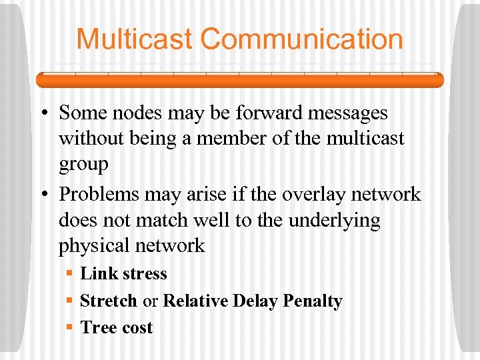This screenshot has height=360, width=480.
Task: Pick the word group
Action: [x=83, y=165]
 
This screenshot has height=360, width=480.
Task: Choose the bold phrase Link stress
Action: [x=123, y=273]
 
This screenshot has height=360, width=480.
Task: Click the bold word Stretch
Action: [x=108, y=301]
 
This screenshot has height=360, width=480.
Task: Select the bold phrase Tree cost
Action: [x=116, y=327]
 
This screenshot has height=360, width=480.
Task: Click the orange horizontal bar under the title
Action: [x=239, y=80]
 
